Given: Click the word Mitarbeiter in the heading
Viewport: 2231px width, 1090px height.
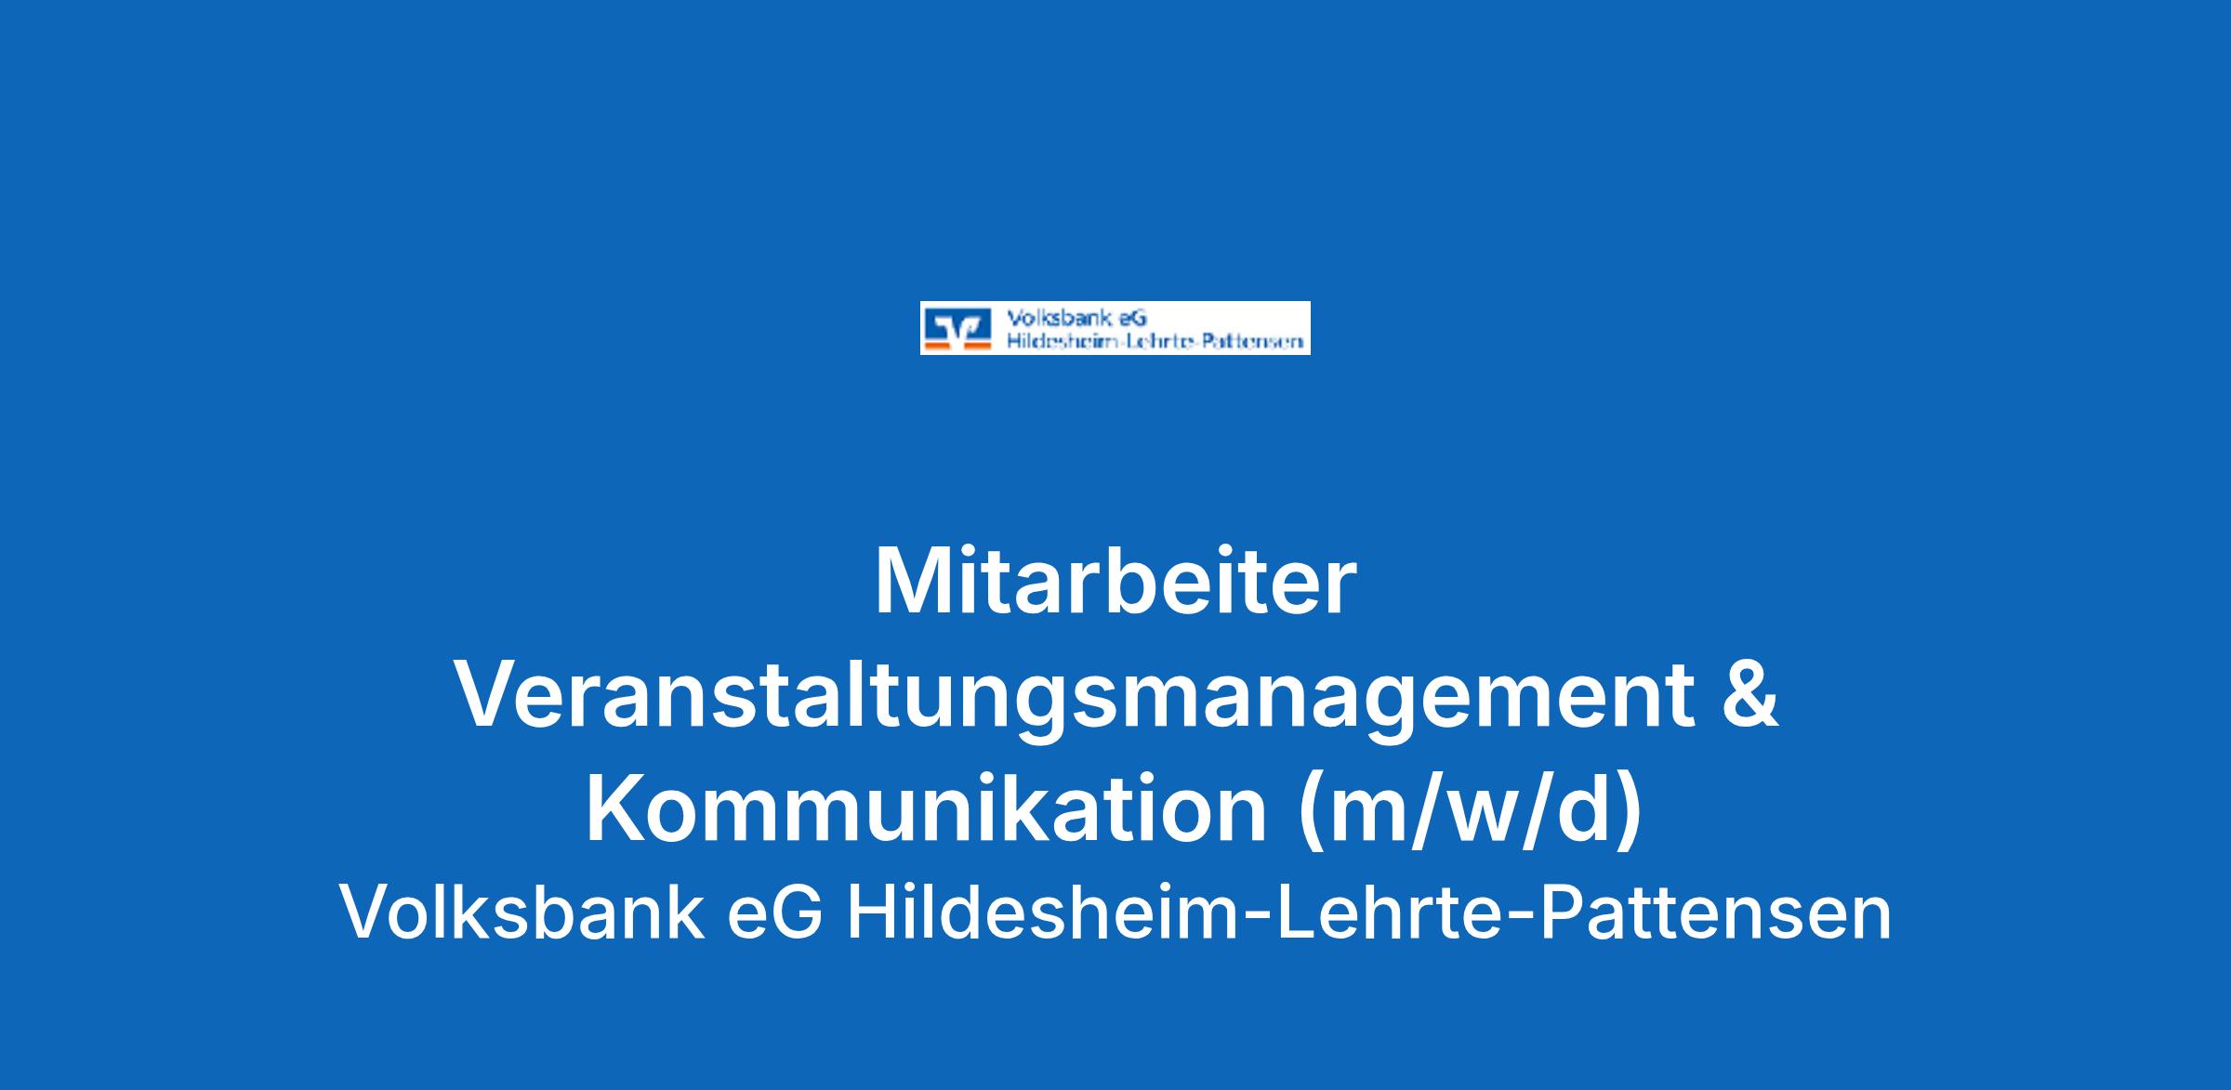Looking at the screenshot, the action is coord(1115,582).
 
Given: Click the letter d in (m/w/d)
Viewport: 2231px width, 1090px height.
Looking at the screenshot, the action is coord(1576,808).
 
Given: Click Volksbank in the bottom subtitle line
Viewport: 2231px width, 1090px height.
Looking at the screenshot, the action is coord(521,912).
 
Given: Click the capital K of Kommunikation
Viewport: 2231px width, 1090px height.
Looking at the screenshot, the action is coord(618,808).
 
